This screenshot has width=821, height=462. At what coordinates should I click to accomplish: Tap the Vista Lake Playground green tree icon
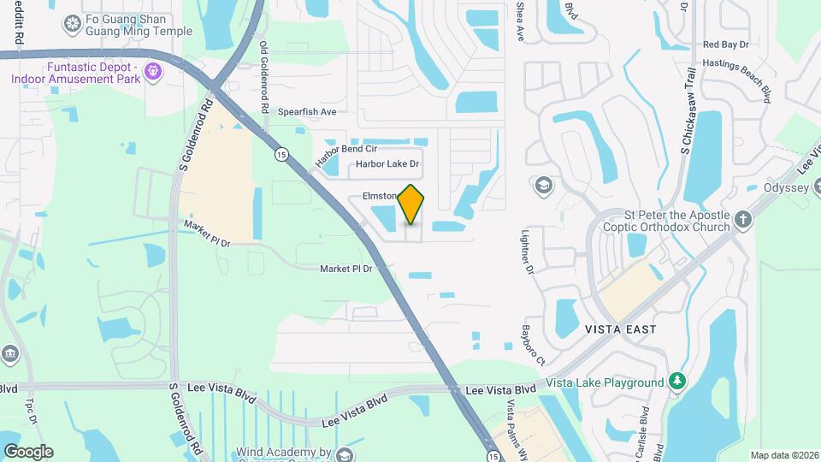(x=677, y=379)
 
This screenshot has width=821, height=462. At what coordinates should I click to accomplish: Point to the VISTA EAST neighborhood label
(x=620, y=329)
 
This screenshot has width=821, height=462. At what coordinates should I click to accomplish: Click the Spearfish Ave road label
(x=307, y=112)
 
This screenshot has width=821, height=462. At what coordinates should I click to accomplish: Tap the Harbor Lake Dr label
(x=387, y=163)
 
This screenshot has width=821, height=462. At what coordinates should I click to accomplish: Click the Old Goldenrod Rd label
(x=263, y=78)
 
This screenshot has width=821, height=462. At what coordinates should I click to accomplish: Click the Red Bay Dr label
(x=725, y=44)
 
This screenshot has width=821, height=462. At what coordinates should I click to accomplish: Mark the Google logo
(x=28, y=451)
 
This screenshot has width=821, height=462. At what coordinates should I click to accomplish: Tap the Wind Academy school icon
(x=344, y=454)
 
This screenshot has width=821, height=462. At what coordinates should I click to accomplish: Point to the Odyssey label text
(x=786, y=188)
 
